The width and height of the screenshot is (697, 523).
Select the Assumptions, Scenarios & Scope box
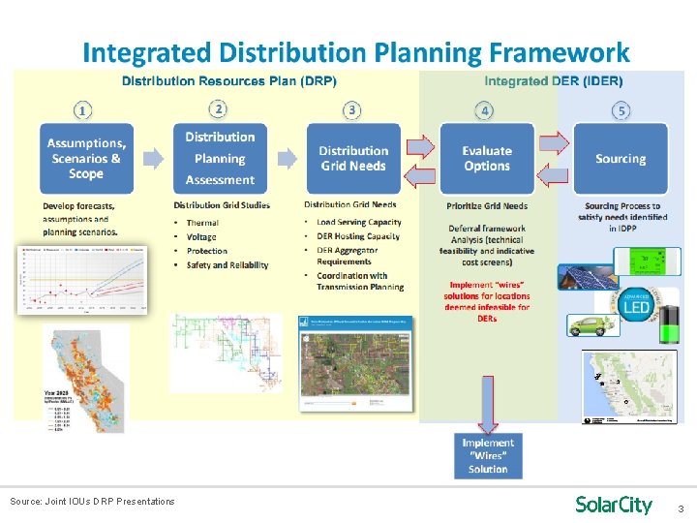86,159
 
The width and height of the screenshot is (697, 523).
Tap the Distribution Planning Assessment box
220,159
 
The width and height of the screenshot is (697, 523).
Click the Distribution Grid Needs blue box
353,159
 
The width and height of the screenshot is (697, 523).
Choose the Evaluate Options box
487,159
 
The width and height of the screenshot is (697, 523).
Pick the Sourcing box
621,159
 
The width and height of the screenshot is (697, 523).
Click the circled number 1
86,109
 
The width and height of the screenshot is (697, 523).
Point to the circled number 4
487,109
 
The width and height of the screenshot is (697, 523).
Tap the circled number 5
621,109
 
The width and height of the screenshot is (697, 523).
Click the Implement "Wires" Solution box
488,455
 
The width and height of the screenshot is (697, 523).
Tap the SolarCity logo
614,505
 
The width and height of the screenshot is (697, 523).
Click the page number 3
680,508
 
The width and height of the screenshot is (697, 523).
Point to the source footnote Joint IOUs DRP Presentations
92,501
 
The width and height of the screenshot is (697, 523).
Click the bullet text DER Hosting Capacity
357,236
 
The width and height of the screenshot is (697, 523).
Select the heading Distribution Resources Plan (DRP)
228,81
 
